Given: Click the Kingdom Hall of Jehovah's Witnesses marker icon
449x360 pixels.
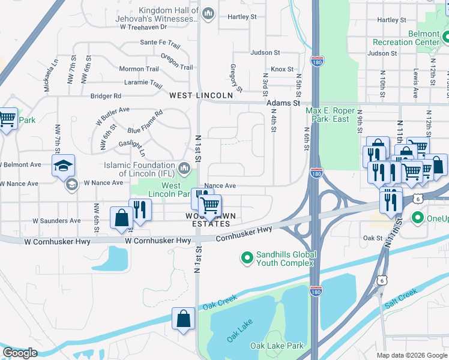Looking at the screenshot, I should (x=208, y=14).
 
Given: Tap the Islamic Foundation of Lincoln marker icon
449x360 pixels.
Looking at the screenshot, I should (x=185, y=166).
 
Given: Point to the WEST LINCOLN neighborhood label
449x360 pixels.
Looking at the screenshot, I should (x=200, y=95).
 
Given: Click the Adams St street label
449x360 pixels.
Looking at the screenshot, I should (x=283, y=103).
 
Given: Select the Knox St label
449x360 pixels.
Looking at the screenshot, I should (x=282, y=70).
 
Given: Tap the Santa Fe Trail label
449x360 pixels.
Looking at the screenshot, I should (x=160, y=43).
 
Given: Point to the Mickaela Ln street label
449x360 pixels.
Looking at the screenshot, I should (x=46, y=71).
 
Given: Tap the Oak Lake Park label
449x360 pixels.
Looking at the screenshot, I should (x=277, y=346).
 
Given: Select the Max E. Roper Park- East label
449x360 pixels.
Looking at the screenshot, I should (x=336, y=115).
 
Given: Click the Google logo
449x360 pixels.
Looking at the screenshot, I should (x=20, y=353).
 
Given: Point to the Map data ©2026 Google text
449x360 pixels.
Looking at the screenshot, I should (x=411, y=355).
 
